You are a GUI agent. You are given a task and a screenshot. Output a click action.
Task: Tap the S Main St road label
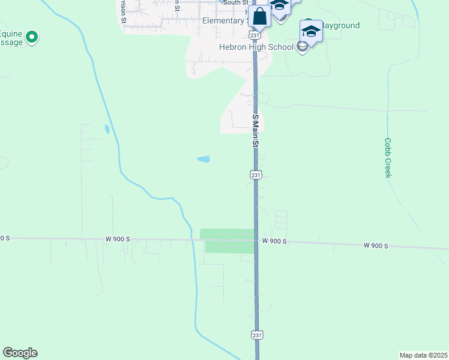255,131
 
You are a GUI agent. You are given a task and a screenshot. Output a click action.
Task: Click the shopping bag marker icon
260,16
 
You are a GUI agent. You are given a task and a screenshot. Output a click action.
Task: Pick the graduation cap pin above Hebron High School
311,31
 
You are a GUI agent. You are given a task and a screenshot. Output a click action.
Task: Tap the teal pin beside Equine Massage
32,37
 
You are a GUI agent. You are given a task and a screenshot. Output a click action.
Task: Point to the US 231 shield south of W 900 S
256,334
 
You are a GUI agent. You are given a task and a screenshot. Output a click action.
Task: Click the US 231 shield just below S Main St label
256,175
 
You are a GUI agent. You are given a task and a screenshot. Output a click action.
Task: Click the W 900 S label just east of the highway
274,241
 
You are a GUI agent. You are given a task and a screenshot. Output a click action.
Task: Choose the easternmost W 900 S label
376,245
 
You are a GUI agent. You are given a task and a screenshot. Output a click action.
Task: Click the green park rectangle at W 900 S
228,241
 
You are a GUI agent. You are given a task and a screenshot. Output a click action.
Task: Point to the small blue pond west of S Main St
203,159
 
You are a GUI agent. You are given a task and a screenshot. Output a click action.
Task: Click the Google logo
20,353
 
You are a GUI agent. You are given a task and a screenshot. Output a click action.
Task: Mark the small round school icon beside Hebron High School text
303,47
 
